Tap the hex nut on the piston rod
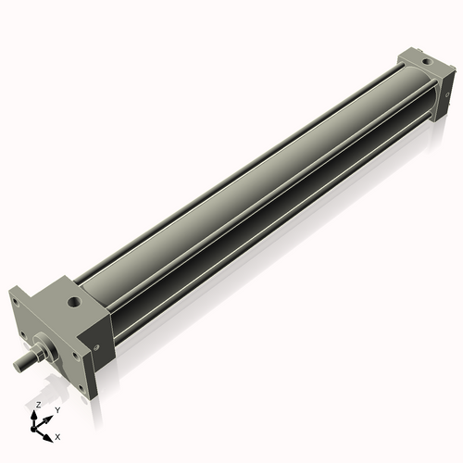pos(37,353)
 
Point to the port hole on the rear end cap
pos(424,62)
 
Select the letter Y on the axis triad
pos(58,408)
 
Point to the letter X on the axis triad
pos(57,435)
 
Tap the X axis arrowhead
pos(49,432)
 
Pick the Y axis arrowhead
pos(50,416)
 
